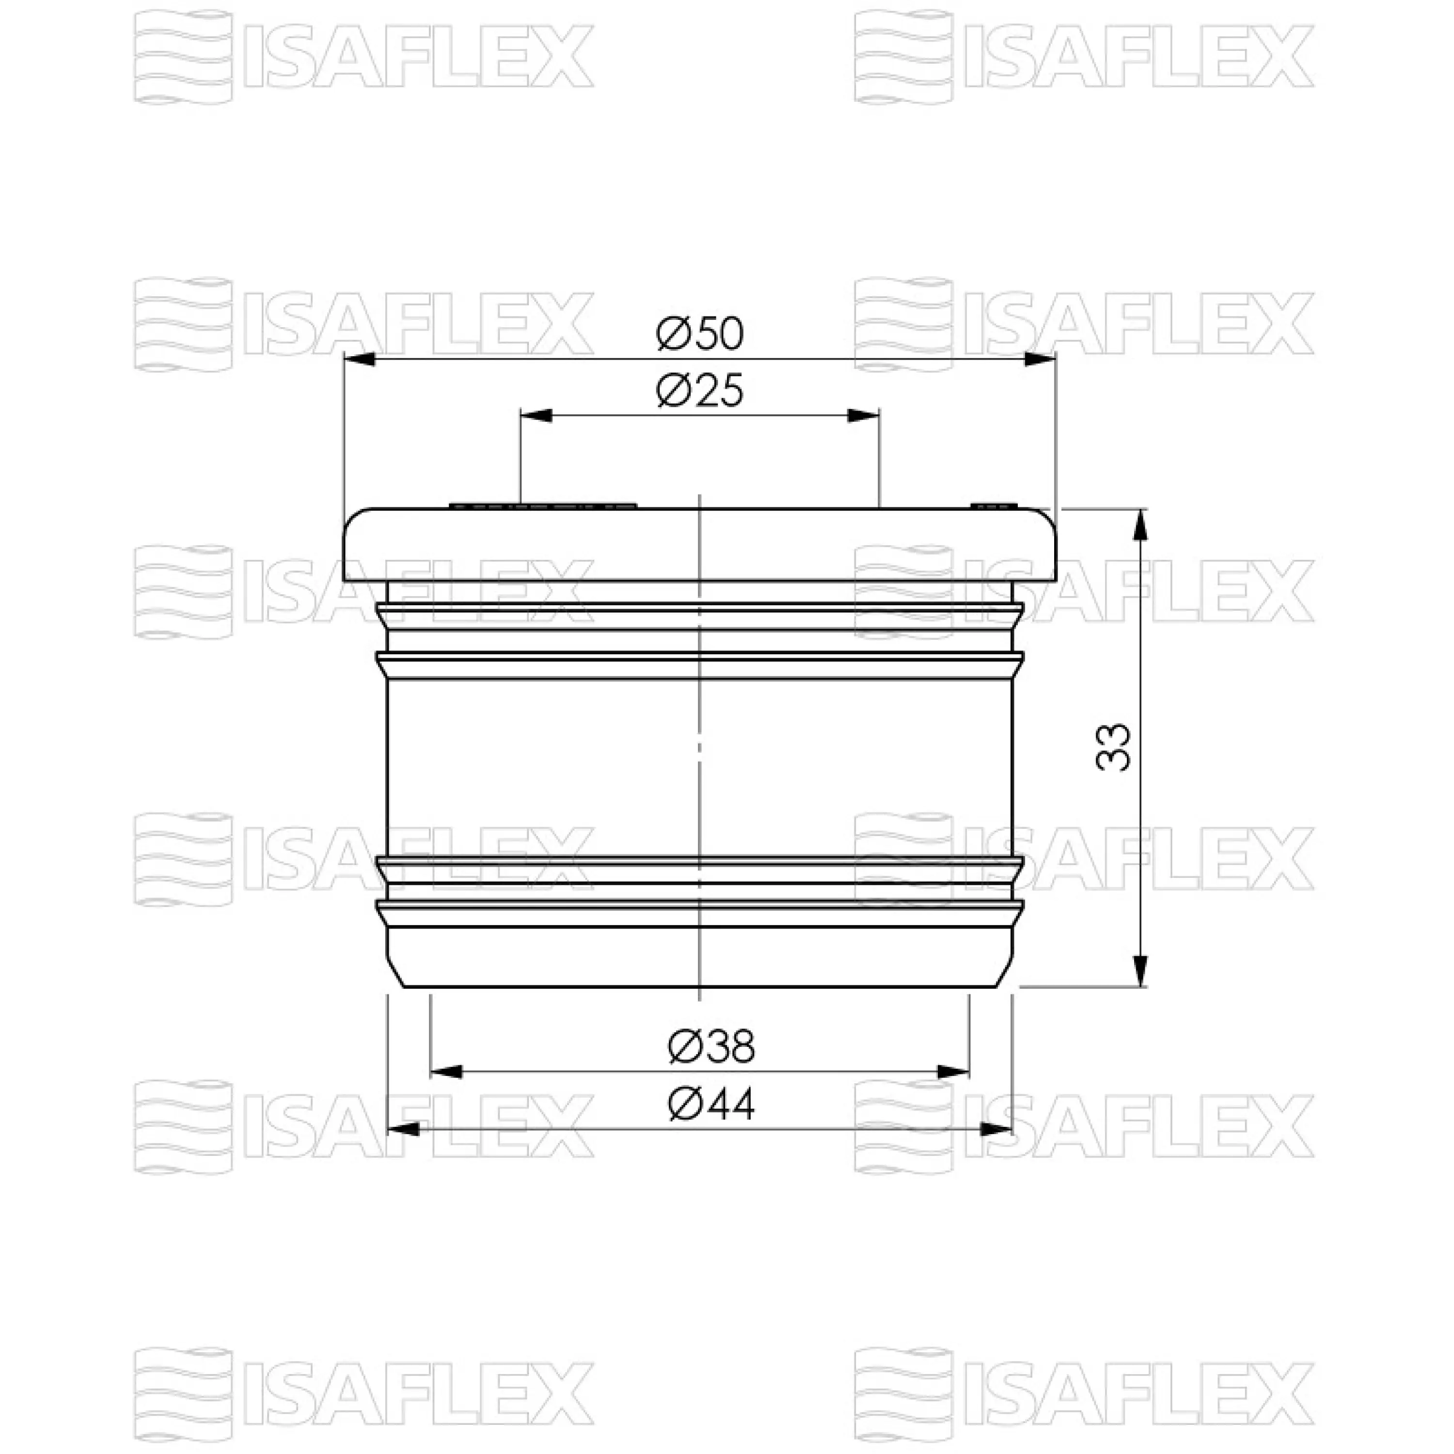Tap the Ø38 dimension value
(x=711, y=1047)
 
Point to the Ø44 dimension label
(x=711, y=1105)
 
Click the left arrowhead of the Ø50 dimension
(x=359, y=359)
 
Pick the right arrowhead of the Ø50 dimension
(x=1040, y=359)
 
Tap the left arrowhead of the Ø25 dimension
(x=536, y=415)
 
